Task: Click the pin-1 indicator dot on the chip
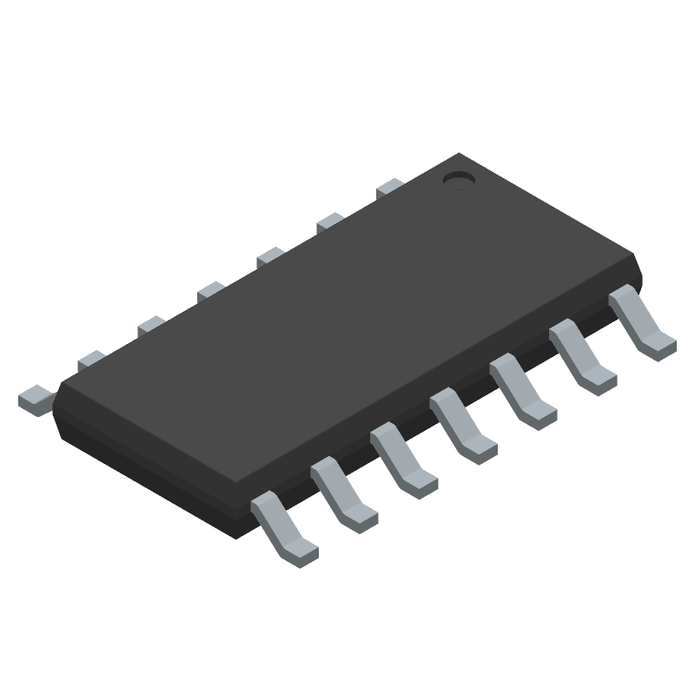pos(458,179)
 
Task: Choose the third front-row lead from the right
pos(522,394)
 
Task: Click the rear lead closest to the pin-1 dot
pos(390,187)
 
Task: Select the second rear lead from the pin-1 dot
pos(330,222)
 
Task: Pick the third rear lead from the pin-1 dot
pos(270,256)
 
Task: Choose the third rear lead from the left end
pos(151,325)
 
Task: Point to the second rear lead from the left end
pos(91,359)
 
